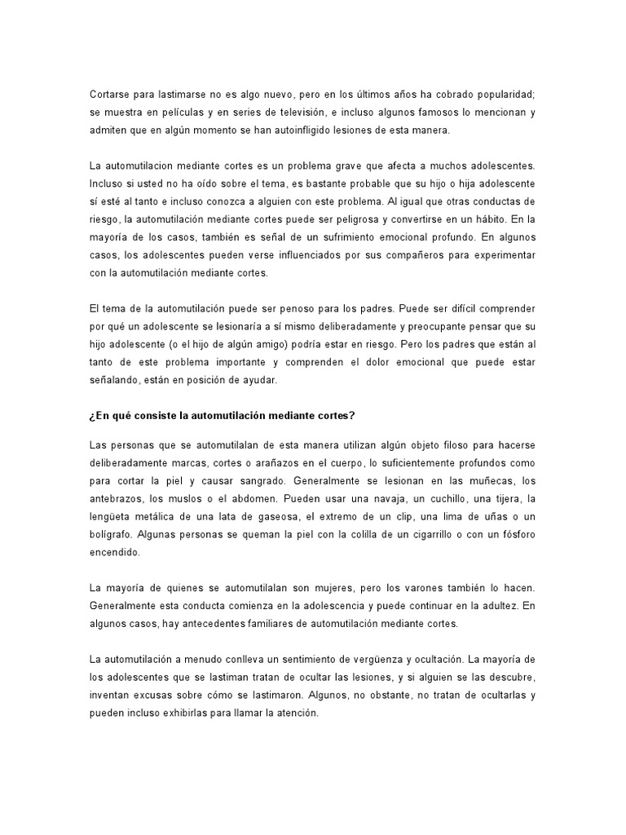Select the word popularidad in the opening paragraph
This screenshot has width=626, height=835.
[502, 93]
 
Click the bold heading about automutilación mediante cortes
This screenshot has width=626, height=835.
[222, 415]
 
